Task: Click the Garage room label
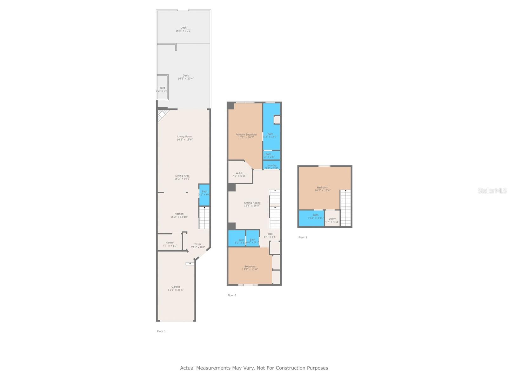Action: (x=176, y=288)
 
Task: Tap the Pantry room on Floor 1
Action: (x=170, y=244)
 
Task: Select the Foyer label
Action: (x=198, y=245)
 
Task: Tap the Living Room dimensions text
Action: (x=184, y=140)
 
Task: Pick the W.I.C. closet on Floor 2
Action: (x=239, y=174)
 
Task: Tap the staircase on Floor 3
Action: (x=345, y=208)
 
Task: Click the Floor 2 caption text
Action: (x=232, y=295)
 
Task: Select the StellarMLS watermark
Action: (x=492, y=190)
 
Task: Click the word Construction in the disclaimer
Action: (x=290, y=368)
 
